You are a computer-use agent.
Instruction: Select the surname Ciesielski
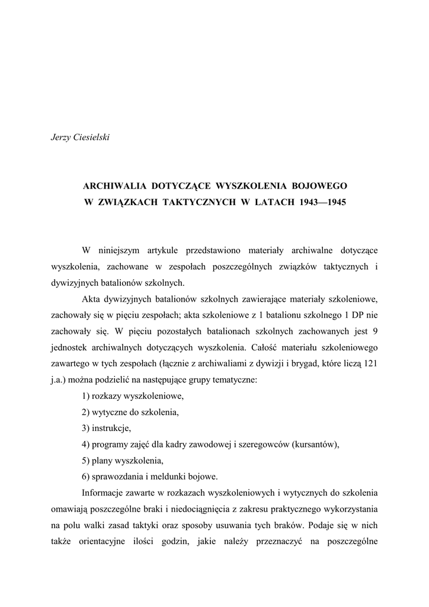click(92, 138)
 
